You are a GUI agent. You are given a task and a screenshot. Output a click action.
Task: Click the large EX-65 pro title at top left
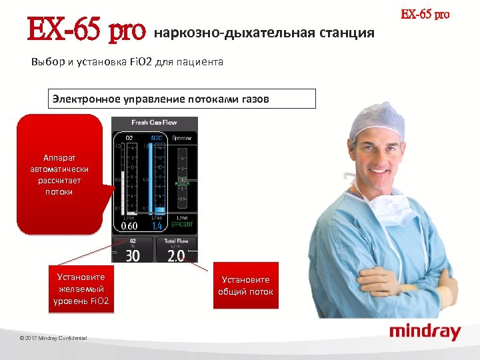86,30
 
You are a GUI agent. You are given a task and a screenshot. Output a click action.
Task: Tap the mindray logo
425,331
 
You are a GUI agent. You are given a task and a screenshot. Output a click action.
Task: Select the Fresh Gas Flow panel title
155,123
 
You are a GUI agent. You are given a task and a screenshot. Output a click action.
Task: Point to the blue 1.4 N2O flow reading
157,226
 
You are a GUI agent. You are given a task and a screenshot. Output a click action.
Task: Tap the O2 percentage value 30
133,255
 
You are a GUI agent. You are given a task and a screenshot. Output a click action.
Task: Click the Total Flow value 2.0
176,256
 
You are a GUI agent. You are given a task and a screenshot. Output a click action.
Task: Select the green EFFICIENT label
181,225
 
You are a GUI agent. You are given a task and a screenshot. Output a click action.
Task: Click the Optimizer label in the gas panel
182,137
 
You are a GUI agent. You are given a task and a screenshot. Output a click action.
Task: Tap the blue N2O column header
157,137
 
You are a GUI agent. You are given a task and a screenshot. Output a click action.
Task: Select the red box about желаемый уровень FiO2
81,289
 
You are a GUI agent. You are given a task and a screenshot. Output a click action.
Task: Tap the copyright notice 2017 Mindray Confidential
53,339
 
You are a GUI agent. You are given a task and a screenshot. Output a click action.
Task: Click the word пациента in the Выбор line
203,62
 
